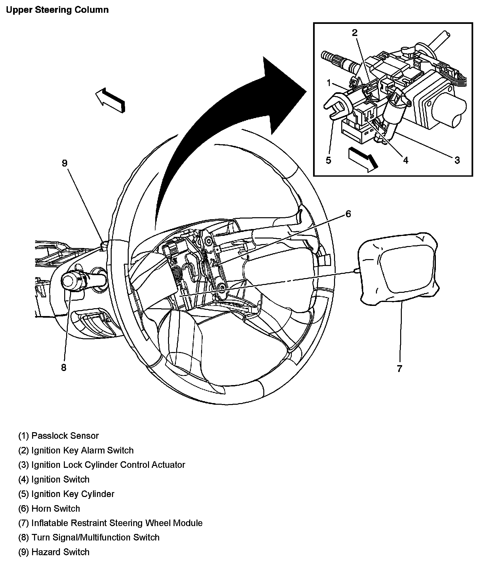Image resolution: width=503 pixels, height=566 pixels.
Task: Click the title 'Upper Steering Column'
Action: [57, 10]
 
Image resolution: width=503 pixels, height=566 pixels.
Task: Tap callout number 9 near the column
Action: [65, 163]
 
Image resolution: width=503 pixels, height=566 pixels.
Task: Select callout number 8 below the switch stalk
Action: [64, 368]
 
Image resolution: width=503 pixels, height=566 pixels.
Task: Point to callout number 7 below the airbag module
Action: [399, 369]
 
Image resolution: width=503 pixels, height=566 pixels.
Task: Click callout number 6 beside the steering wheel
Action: [348, 214]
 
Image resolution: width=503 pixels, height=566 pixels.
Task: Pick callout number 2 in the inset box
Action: [355, 33]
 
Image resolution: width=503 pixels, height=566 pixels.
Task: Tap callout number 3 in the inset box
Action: [457, 160]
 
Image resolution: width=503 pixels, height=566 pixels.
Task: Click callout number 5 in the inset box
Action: [328, 160]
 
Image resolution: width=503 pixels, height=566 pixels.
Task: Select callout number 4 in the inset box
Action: [405, 160]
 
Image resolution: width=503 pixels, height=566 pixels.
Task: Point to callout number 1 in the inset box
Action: [329, 83]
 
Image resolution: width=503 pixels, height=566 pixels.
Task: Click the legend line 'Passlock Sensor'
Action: [59, 436]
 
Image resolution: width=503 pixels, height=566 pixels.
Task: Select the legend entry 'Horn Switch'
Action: [49, 509]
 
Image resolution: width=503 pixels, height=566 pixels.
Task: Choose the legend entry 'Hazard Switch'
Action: [54, 552]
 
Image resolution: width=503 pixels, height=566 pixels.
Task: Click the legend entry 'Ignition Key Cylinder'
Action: [66, 494]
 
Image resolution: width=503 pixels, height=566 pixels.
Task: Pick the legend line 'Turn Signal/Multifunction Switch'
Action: [89, 538]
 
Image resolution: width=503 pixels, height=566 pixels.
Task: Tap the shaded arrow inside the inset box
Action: [363, 159]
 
